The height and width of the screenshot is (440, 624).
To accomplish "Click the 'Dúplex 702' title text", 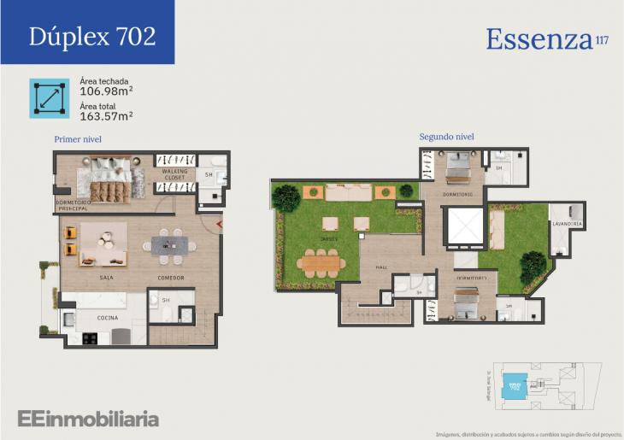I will [91, 36].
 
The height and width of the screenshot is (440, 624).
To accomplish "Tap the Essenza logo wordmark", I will [539, 38].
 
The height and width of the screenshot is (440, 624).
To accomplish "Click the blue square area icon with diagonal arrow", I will [49, 97].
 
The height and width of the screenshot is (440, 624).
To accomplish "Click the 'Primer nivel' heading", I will [78, 138].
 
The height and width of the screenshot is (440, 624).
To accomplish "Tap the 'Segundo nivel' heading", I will [446, 137].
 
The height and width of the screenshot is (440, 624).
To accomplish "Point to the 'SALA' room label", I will [107, 278].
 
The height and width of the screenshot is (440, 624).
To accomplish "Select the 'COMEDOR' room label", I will [171, 278].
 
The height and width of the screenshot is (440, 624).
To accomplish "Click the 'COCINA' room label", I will [107, 318].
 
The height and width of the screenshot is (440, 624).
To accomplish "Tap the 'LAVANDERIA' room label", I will [567, 224].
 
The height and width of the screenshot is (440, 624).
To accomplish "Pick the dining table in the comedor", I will [168, 244].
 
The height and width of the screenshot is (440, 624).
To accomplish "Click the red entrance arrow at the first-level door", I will [219, 225].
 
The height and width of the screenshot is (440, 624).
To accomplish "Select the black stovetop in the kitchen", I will [89, 337].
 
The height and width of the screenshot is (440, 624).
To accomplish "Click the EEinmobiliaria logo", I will [88, 418].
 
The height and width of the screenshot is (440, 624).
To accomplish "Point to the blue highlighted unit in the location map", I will [514, 386].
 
